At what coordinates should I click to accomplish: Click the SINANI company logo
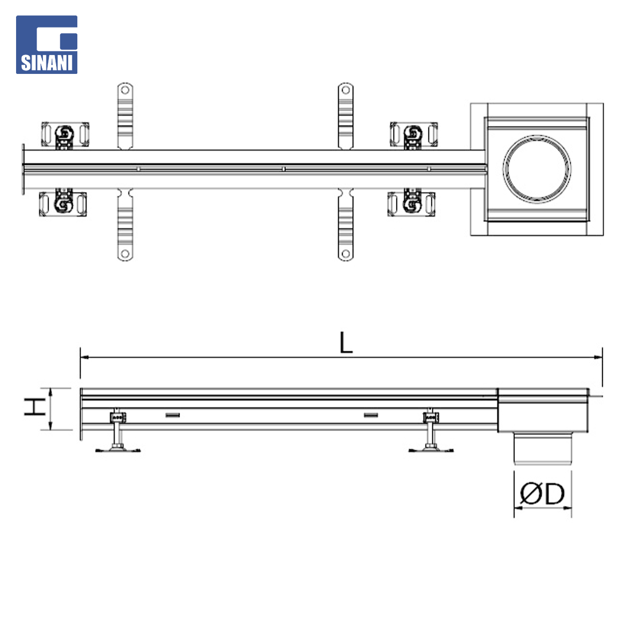tap(46, 45)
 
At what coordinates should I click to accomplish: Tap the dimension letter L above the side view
tap(346, 342)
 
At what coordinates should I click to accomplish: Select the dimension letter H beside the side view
tap(35, 406)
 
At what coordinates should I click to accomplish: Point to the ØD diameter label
tap(542, 493)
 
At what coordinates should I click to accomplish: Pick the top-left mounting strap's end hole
tap(125, 90)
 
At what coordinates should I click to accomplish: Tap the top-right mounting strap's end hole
tap(346, 90)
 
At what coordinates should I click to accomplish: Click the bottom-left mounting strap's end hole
tap(125, 253)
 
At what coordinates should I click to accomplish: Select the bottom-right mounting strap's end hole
tap(346, 253)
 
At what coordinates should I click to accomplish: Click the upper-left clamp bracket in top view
tap(65, 135)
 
